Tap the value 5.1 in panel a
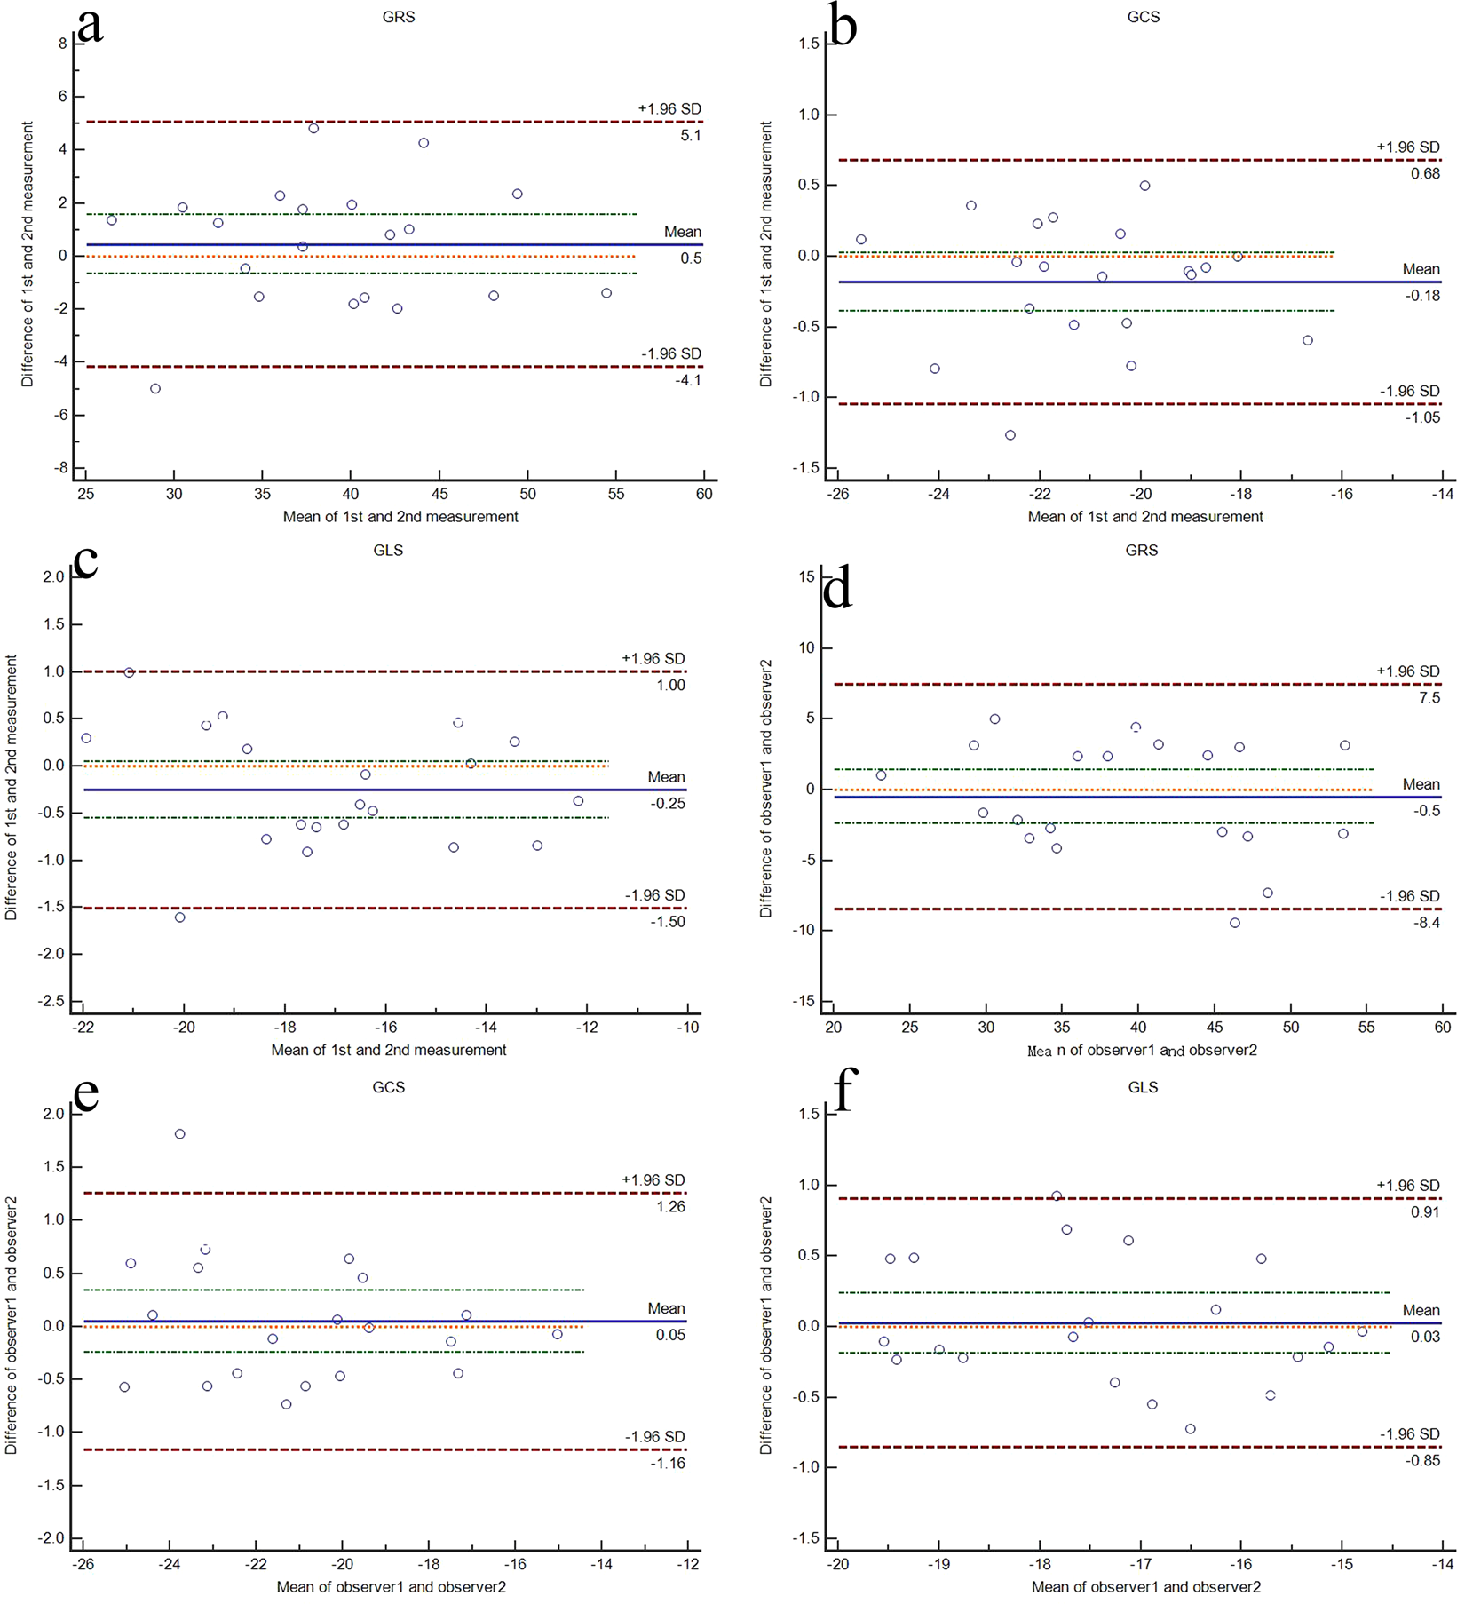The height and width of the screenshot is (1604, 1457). click(691, 136)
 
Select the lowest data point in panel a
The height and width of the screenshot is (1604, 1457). click(155, 389)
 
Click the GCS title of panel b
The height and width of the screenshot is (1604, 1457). click(1143, 17)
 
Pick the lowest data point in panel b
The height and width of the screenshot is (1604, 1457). click(1010, 435)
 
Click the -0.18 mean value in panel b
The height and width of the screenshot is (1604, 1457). click(1424, 296)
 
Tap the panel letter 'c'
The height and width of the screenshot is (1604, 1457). click(85, 561)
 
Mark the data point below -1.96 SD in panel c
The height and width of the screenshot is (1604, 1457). click(180, 917)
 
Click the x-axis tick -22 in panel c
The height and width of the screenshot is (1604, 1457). click(83, 1028)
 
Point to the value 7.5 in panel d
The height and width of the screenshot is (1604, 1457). click(1429, 698)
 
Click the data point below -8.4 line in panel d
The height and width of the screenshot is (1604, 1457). click(1235, 923)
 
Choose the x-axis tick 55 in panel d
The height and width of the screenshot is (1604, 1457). click(1366, 1028)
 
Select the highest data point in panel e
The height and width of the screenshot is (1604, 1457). click(180, 1134)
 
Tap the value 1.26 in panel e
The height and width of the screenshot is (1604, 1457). click(670, 1206)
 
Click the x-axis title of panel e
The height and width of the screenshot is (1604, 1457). click(391, 1587)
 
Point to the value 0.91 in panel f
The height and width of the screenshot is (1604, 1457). click(1425, 1212)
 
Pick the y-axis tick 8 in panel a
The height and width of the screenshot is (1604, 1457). click(63, 43)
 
